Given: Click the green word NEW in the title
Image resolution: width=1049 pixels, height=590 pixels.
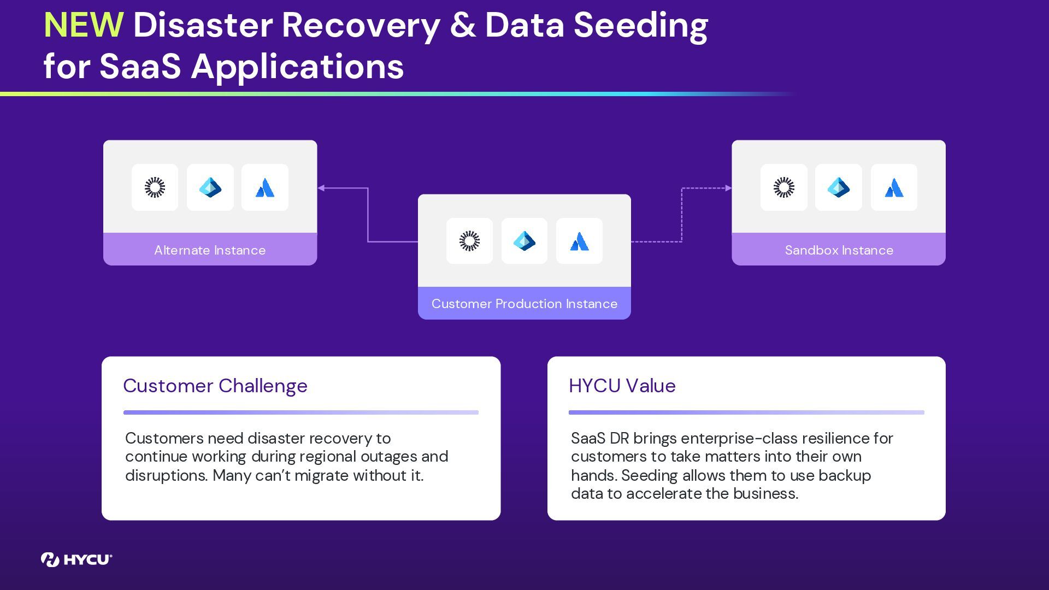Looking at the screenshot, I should pos(83,25).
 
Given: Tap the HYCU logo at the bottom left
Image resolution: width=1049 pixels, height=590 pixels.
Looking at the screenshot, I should pos(76,559).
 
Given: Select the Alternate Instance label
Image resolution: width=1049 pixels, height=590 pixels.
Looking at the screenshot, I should pos(210,250).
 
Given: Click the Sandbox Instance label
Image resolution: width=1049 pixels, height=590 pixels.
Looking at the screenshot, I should pos(839,250).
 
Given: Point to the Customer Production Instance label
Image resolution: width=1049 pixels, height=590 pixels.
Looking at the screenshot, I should pos(524,304).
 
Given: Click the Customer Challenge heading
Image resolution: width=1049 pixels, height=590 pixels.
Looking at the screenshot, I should pos(215,386).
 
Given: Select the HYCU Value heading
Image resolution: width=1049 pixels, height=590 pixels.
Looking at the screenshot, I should pos(622,386).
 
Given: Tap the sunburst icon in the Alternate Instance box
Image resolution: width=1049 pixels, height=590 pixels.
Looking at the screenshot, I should pos(155,187).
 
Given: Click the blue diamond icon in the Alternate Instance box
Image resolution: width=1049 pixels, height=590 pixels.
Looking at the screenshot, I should pos(210,187).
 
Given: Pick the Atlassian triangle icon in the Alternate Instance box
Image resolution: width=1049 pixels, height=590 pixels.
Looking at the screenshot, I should pos(265,188).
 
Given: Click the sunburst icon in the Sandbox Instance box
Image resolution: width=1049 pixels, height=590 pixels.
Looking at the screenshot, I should pos(783,187).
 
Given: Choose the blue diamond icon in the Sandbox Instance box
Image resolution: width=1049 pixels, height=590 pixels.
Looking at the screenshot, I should pos(838,187).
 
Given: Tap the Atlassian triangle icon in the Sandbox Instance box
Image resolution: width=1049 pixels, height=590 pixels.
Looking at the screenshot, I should pos(894,188).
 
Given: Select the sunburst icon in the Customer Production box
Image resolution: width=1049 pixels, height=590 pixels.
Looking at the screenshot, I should pos(469,241).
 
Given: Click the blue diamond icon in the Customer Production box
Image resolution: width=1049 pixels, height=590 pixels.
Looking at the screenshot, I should pos(524,241).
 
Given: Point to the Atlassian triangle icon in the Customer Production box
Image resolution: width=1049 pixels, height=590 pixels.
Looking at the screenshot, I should pos(579,241).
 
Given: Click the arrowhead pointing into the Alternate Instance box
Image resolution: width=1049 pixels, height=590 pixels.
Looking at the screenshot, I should pos(321,188).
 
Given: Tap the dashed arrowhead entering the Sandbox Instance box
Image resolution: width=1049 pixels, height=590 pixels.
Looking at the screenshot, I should pos(728,188).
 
